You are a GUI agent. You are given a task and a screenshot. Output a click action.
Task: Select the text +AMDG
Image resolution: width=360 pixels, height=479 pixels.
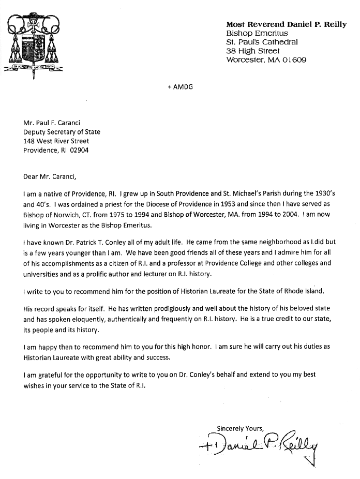coord(180,87)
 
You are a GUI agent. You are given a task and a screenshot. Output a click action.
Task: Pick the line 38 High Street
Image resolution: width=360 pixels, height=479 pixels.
coord(253,51)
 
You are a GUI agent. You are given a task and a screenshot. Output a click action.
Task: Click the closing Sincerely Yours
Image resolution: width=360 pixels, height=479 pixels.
coord(240,428)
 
